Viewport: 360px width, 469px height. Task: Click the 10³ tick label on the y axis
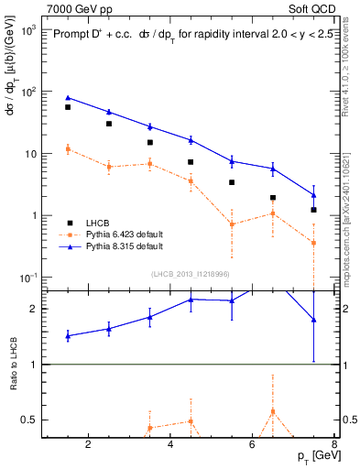(x=29, y=30)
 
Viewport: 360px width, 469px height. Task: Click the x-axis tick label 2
(x=88, y=445)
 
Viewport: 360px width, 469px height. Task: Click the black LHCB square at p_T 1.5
(x=67, y=107)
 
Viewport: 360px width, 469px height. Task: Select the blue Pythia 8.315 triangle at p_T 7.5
(x=314, y=194)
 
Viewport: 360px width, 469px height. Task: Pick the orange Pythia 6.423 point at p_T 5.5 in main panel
(x=232, y=224)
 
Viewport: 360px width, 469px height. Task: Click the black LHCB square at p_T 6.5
(x=273, y=197)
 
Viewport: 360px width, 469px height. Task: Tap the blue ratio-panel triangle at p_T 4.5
(x=191, y=300)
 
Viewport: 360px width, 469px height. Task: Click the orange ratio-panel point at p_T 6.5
(x=273, y=411)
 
